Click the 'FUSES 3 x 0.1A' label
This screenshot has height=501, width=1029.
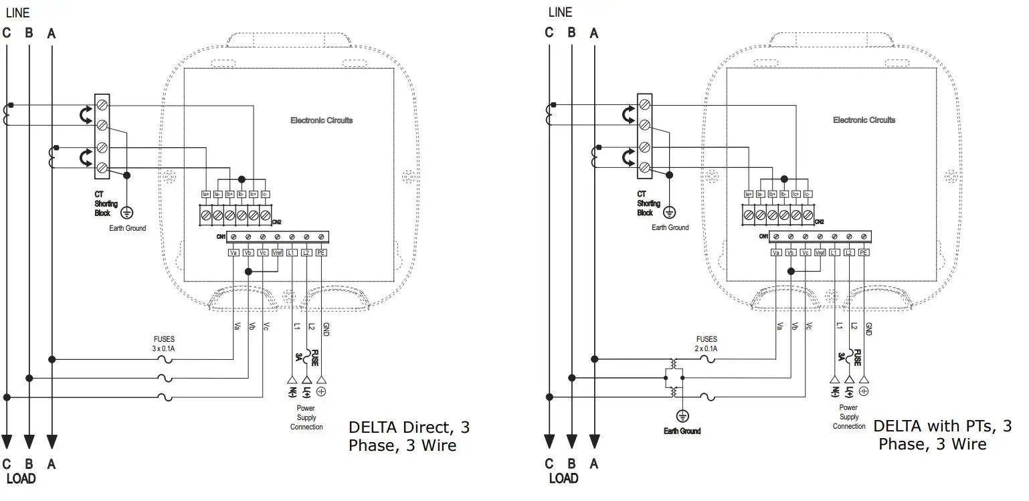click(163, 344)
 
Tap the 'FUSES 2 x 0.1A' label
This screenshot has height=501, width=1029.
click(706, 344)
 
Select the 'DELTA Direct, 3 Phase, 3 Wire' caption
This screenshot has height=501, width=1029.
click(409, 435)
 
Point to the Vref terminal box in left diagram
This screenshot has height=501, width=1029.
click(278, 253)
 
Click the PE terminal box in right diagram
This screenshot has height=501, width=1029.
click(863, 253)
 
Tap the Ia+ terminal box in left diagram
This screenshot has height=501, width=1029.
click(206, 195)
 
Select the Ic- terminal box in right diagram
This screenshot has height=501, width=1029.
click(808, 195)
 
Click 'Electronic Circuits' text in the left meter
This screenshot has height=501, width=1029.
click(321, 120)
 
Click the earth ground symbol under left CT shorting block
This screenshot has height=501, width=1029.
click(127, 213)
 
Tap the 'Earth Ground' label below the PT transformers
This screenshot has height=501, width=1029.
click(682, 431)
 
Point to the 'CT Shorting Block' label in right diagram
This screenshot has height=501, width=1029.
click(648, 203)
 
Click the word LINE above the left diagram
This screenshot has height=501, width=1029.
click(18, 13)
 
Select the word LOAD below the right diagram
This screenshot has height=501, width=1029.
click(563, 478)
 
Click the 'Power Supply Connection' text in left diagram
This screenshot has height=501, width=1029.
click(306, 417)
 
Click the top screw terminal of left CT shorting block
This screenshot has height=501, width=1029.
click(102, 105)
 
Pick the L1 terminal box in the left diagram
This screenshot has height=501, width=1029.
click(292, 253)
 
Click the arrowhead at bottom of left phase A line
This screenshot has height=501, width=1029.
click(52, 441)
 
